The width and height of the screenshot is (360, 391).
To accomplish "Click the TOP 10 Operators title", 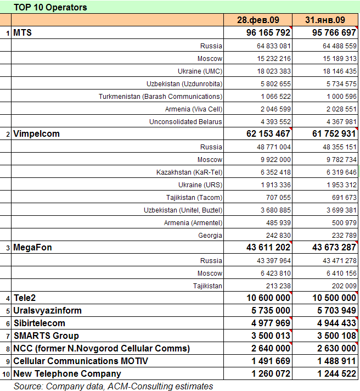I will tap(50, 8).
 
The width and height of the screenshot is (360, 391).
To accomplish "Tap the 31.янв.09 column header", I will tap(325, 20).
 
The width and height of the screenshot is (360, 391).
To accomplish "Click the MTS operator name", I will tap(22, 33).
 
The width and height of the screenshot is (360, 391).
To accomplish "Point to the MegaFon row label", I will tap(32, 248).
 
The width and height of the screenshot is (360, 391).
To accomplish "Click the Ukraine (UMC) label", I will tap(200, 71).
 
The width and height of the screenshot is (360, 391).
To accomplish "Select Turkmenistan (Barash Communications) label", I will tap(160, 97).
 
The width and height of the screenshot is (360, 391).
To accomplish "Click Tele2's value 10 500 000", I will tap(327, 298).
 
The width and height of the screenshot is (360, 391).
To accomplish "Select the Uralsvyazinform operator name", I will tap(47, 311).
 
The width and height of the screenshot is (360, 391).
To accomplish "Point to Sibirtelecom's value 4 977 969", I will tap(265, 323).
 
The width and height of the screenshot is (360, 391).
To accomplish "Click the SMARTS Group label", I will tap(46, 336).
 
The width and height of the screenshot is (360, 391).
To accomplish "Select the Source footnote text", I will tap(114, 386).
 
